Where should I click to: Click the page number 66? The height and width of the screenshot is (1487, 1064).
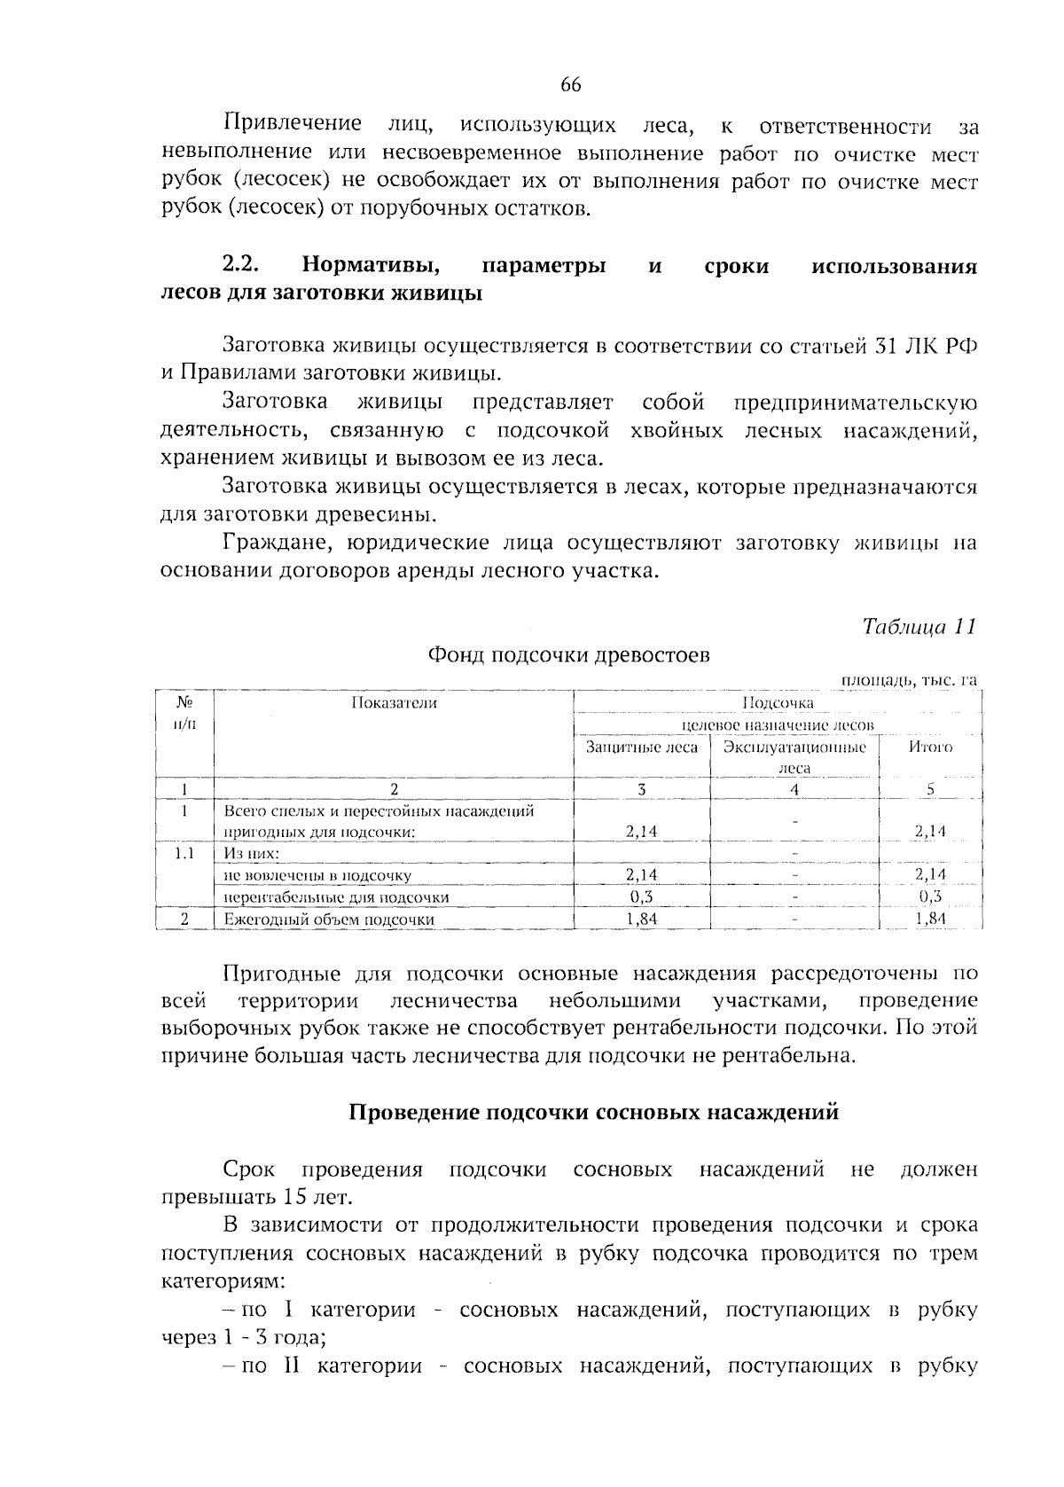pyautogui.click(x=570, y=85)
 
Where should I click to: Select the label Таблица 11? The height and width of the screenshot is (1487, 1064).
pyautogui.click(x=919, y=626)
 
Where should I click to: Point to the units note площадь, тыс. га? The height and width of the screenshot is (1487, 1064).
pyautogui.click(x=908, y=680)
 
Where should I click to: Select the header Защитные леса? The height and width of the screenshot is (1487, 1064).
pyautogui.click(x=642, y=747)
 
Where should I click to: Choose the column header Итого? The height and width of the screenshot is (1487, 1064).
pyautogui.click(x=930, y=747)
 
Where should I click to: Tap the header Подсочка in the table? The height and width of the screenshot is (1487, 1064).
pyautogui.click(x=778, y=703)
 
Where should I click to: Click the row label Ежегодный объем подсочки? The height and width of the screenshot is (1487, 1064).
pyautogui.click(x=328, y=920)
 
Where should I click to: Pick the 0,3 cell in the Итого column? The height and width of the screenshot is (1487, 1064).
pyautogui.click(x=930, y=896)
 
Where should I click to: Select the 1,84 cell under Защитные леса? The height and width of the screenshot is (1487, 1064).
pyautogui.click(x=641, y=920)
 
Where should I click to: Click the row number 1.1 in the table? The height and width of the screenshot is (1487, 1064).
pyautogui.click(x=184, y=853)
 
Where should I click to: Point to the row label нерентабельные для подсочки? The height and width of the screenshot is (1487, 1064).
pyautogui.click(x=336, y=896)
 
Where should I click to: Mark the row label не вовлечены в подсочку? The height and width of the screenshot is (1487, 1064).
pyautogui.click(x=317, y=875)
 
